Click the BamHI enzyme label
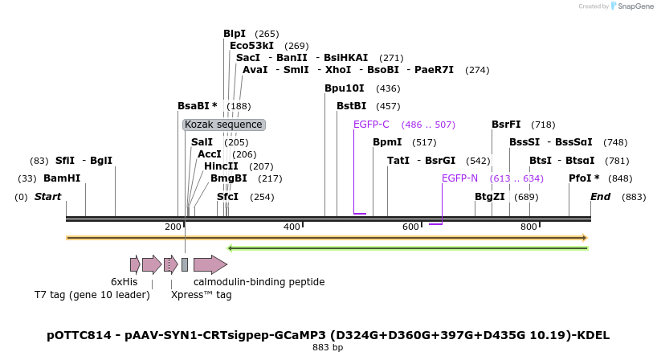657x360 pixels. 62,178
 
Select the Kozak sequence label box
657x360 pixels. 223,125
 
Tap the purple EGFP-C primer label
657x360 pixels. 371,125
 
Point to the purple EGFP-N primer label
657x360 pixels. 459,178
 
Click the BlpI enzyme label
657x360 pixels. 235,34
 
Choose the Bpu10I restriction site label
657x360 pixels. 344,88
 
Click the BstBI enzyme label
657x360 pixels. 351,106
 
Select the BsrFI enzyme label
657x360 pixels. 506,125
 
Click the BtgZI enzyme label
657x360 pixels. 489,197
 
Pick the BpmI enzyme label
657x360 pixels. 387,142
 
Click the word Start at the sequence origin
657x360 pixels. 47,197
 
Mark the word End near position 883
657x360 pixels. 600,197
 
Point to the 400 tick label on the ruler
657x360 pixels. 292,227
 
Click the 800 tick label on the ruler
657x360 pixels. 528,227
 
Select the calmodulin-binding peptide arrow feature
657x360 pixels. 210,264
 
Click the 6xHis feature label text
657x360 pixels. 124,282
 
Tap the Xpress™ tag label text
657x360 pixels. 201,295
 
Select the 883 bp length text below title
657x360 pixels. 328,348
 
